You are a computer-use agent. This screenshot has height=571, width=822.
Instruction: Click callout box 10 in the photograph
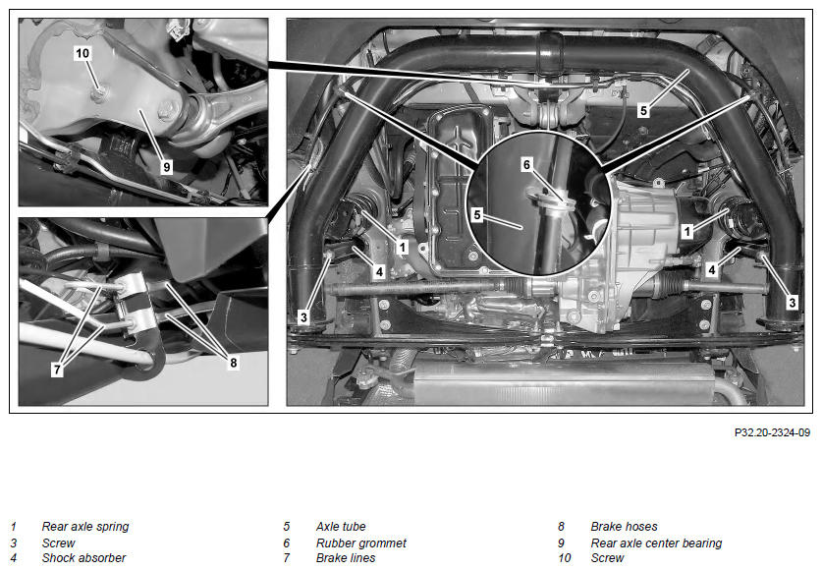(82, 53)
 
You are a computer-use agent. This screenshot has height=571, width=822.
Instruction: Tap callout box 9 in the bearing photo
(166, 167)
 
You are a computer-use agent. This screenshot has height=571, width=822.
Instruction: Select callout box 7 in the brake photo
(57, 370)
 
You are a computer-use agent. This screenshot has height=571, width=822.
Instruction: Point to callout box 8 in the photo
(234, 362)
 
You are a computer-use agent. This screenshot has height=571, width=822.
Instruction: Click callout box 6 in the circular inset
(526, 165)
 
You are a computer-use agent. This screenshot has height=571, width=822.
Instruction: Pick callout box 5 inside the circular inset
(476, 214)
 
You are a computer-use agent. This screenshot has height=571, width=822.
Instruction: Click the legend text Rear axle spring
(85, 527)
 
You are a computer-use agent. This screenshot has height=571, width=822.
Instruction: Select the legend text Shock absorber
(83, 558)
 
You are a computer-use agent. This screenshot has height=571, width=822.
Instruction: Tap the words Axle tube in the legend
(341, 527)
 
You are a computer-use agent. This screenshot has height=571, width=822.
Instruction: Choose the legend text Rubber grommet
(361, 543)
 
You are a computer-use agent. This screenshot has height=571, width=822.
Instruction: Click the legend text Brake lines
(346, 558)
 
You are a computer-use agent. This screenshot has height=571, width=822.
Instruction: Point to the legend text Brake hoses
(624, 527)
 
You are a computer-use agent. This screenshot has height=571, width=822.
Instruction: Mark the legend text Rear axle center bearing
(656, 543)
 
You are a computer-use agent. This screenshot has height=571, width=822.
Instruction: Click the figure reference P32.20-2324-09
(772, 432)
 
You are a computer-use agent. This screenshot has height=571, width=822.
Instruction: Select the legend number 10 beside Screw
(564, 558)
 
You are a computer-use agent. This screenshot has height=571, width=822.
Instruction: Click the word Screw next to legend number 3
(58, 543)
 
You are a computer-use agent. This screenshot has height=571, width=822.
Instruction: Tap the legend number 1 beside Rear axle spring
(13, 527)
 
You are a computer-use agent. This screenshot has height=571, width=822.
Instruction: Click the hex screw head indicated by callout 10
(98, 94)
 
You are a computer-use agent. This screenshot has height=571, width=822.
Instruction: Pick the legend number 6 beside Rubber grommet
(286, 543)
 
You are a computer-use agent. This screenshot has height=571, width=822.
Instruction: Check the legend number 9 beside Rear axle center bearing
(561, 543)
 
